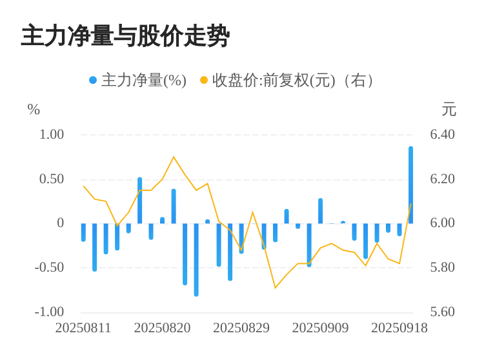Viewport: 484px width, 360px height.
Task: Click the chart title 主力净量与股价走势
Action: click(125, 36)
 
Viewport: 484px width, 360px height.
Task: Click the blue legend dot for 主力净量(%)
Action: click(93, 81)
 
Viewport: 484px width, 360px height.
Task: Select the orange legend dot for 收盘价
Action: click(204, 81)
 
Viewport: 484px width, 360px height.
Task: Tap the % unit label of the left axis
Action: click(34, 110)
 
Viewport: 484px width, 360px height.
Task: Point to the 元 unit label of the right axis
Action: click(449, 110)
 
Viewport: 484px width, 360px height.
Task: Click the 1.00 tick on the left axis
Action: click(52, 135)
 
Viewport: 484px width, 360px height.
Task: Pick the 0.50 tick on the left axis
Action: click(52, 179)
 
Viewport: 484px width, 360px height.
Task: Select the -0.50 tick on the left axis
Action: click(50, 268)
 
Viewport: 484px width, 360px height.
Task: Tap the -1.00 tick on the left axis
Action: click(50, 312)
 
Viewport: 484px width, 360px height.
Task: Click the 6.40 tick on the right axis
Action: click(443, 135)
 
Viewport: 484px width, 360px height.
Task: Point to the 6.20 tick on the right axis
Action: click(443, 179)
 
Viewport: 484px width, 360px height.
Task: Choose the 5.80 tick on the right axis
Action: click(443, 268)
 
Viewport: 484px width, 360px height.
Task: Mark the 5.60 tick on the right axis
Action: click(443, 312)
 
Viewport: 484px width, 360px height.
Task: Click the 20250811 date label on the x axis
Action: click(83, 328)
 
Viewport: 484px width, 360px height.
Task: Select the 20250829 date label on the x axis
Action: click(241, 328)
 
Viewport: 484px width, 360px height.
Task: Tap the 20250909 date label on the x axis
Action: click(320, 328)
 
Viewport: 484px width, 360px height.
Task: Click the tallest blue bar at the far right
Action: click(410, 185)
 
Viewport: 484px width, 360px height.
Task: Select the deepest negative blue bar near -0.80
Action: click(196, 259)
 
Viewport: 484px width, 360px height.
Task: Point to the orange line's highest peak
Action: click(174, 157)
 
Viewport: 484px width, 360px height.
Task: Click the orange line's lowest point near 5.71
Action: click(276, 288)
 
